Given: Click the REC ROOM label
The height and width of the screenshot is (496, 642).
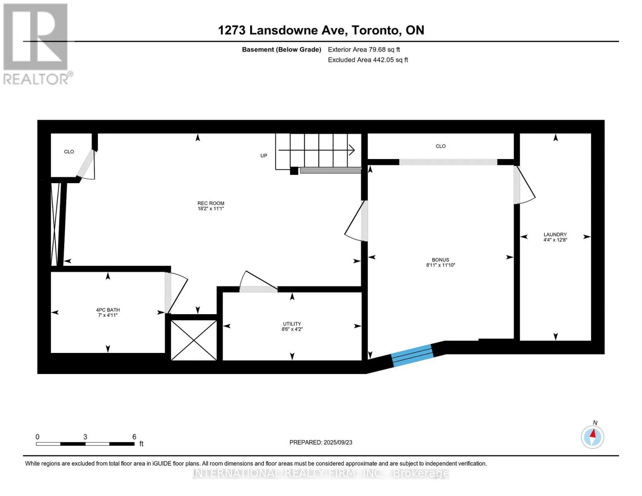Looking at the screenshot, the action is [x=211, y=203].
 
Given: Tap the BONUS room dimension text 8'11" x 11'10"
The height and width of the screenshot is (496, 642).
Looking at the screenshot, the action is [x=441, y=265].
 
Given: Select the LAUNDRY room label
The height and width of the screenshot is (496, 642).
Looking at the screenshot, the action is [x=555, y=234].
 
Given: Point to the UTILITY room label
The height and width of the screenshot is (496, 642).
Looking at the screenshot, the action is [x=292, y=324].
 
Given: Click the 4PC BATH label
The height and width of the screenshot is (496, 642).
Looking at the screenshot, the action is [x=108, y=310].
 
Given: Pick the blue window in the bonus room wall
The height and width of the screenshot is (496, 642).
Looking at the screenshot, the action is [x=412, y=355].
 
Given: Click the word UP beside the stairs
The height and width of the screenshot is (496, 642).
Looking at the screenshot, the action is [x=264, y=156].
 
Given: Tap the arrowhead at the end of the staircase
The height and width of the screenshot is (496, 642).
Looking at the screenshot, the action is [x=352, y=150].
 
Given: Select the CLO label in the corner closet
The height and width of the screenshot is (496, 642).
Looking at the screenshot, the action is [x=69, y=152].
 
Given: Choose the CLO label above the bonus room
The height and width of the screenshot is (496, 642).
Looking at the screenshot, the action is [x=441, y=146].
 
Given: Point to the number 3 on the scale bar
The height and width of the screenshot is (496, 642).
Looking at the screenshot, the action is [x=85, y=436].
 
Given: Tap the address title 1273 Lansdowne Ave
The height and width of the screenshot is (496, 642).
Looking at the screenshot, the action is [x=282, y=30].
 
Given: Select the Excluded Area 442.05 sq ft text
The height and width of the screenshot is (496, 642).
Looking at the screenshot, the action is [x=368, y=60].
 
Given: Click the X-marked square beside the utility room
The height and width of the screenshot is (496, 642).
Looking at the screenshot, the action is [x=194, y=340].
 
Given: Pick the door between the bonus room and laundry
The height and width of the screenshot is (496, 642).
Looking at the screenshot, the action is [x=525, y=185].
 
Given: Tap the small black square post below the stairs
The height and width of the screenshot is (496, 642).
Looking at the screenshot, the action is [x=294, y=171].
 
